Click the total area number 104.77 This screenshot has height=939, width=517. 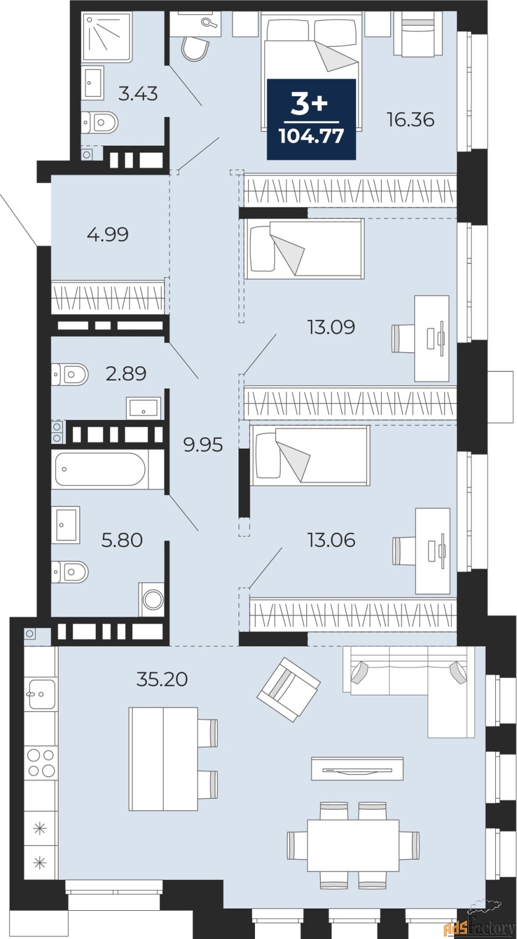[x=311, y=136]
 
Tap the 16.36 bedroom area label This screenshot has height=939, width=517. [x=410, y=120]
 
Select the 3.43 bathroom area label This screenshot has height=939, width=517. [x=137, y=93]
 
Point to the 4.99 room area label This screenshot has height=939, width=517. [x=108, y=235]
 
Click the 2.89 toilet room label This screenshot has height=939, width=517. [x=126, y=373]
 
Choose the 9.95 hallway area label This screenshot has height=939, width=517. [x=203, y=445]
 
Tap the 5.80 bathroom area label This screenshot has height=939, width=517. [x=122, y=540]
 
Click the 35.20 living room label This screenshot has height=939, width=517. [x=162, y=679]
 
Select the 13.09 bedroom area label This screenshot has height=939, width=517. [x=331, y=327]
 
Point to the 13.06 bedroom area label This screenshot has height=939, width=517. [x=331, y=540]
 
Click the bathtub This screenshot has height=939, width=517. [x=99, y=469]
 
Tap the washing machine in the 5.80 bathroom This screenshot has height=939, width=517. [x=153, y=599]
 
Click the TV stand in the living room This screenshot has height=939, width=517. [x=357, y=769]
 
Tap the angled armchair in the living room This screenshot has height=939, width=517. [x=288, y=688]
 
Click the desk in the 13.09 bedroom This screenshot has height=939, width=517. [x=432, y=338]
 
